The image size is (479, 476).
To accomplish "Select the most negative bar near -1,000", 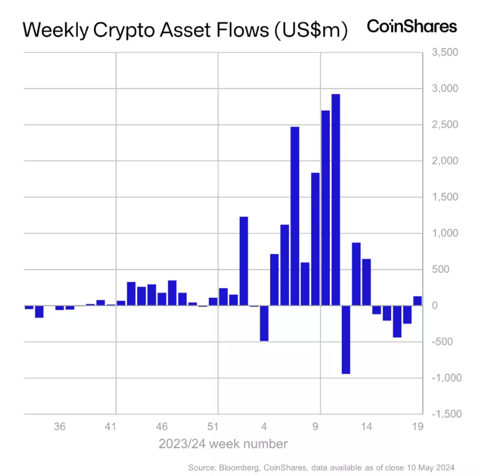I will pyautogui.click(x=346, y=339).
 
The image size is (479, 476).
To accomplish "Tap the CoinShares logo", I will pyautogui.click(x=412, y=27).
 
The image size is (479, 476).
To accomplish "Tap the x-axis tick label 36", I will pyautogui.click(x=60, y=427).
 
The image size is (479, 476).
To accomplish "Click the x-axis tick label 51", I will pyautogui.click(x=213, y=427).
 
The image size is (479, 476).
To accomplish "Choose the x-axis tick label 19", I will pyautogui.click(x=417, y=427).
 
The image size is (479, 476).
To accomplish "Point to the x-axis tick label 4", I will pyautogui.click(x=264, y=427).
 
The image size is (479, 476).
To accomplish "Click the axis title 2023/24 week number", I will pyautogui.click(x=223, y=443).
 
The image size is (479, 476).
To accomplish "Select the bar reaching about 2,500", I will pyautogui.click(x=295, y=216).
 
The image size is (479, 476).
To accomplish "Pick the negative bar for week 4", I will pyautogui.click(x=264, y=323).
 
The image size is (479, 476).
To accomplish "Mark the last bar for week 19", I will pyautogui.click(x=417, y=301).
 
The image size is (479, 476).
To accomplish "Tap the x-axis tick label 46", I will pyautogui.click(x=162, y=427).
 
